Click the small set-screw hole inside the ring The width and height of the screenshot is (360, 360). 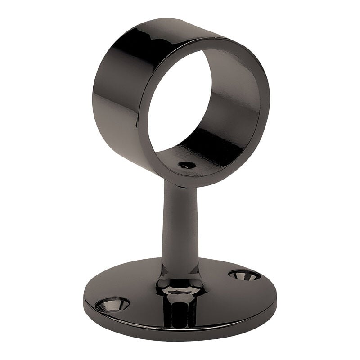click(x=187, y=165)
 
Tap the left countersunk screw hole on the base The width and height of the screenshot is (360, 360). click(x=112, y=305)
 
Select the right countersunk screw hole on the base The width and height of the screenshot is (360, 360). click(x=244, y=274)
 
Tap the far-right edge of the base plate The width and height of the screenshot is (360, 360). click(x=276, y=292)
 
